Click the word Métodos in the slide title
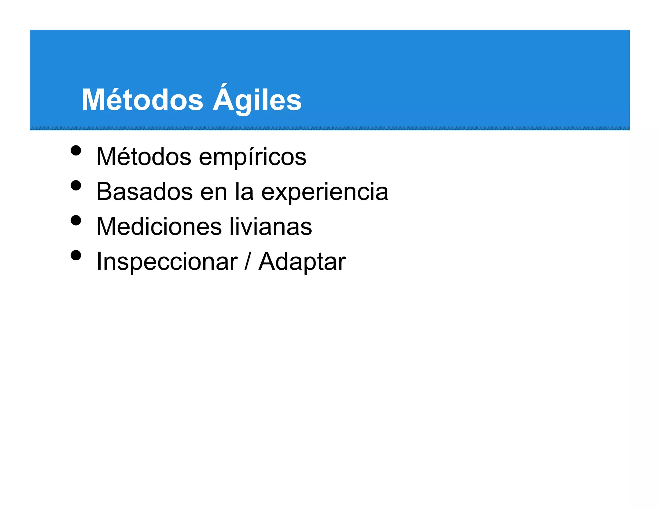[x=142, y=100]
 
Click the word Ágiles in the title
[x=257, y=100]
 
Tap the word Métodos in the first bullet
[x=144, y=157]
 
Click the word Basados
[x=144, y=192]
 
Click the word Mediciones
[x=159, y=227]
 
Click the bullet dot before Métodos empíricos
[x=76, y=151]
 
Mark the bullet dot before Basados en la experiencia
[x=76, y=186]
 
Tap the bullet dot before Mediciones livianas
[x=76, y=220]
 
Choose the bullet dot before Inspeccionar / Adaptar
[x=76, y=255]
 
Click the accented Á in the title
[x=224, y=98]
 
